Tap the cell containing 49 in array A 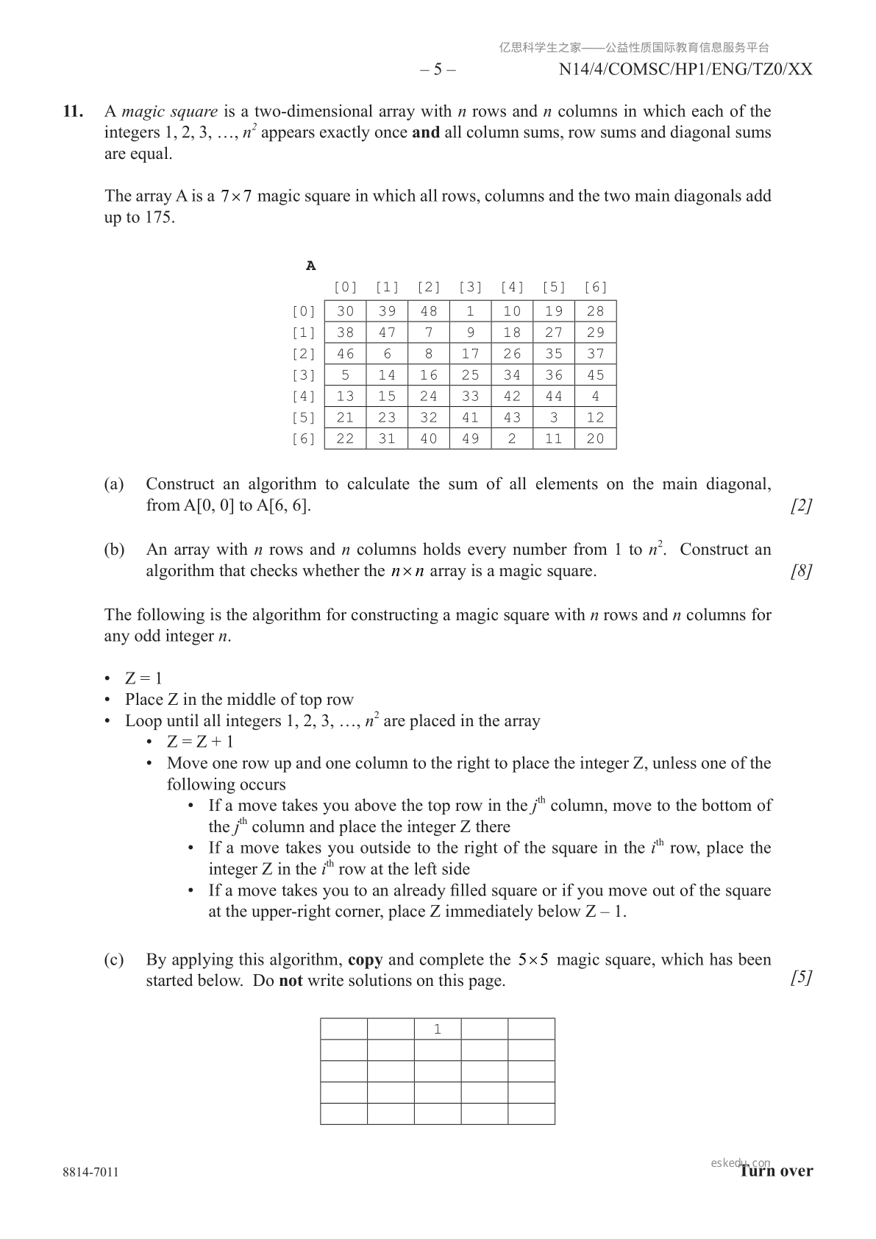470,439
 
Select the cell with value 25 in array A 470,375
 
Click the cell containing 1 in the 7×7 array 470,311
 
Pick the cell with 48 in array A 428,311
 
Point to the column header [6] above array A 595,288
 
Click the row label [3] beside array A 304,375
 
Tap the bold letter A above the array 311,266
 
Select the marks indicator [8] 801,571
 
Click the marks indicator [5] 801,977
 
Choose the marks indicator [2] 801,505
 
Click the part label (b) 114,550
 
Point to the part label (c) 114,959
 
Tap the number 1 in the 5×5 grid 438,1029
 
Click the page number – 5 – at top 438,70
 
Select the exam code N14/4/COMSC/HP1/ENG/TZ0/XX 685,70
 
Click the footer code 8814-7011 91,1172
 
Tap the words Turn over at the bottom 777,1171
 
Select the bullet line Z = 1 143,678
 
